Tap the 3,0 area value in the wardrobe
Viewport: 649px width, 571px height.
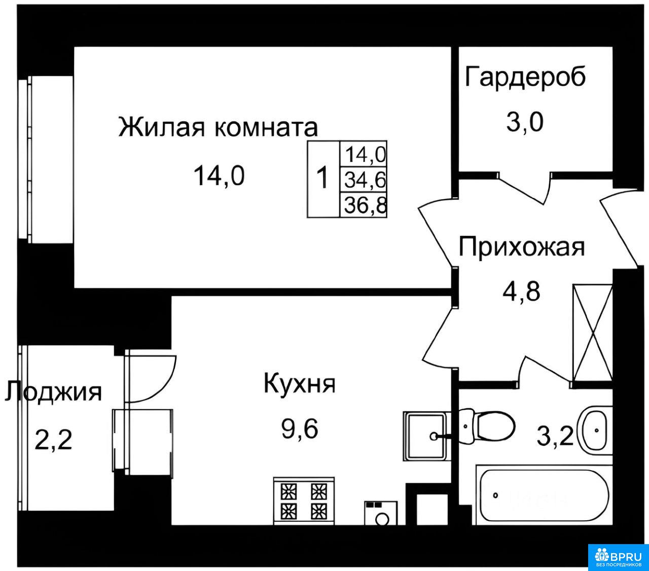525,122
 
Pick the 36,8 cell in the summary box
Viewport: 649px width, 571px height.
365,205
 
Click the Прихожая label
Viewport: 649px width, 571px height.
522,247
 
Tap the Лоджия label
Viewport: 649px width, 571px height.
53,391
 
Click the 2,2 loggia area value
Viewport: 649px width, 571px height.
53,440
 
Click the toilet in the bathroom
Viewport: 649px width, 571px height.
486,426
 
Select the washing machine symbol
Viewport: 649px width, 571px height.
381,513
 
